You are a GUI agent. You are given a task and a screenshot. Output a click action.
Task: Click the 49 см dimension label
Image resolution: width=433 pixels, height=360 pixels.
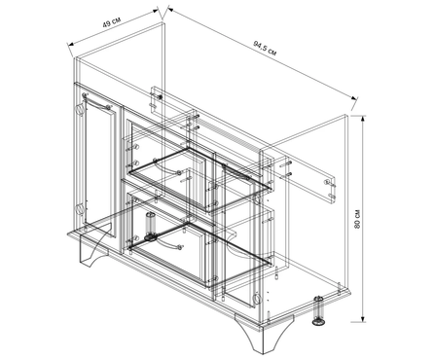pyautogui.click(x=112, y=22)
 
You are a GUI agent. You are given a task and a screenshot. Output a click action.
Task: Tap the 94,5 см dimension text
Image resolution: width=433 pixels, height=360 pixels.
pyautogui.click(x=265, y=49)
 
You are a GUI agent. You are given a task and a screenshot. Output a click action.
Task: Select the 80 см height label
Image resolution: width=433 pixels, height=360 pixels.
pyautogui.click(x=358, y=219)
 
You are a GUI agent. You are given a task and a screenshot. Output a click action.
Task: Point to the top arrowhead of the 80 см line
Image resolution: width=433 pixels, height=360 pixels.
pyautogui.click(x=363, y=119)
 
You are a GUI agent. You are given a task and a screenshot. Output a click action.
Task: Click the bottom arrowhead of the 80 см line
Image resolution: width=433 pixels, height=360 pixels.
pyautogui.click(x=363, y=318)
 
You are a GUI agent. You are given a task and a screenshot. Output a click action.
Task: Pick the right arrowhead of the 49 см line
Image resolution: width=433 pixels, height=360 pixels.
pyautogui.click(x=156, y=11)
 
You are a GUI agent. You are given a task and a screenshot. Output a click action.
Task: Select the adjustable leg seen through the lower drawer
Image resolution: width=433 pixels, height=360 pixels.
pyautogui.click(x=150, y=227)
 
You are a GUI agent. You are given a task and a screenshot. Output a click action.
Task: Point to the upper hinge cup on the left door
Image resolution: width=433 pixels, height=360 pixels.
pyautogui.click(x=80, y=109)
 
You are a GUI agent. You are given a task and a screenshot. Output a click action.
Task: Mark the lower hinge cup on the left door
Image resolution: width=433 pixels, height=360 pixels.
pyautogui.click(x=80, y=209)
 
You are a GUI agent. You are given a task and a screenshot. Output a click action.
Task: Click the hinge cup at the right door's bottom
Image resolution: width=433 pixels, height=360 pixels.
pyautogui.click(x=256, y=298)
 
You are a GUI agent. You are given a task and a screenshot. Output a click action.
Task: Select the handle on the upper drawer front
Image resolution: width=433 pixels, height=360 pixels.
pyautogui.click(x=166, y=166)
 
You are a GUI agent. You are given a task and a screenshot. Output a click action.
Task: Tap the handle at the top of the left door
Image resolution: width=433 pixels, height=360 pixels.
pyautogui.click(x=97, y=101)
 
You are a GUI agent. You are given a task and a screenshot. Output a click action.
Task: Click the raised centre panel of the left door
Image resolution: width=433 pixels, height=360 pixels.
pyautogui.click(x=99, y=168)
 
